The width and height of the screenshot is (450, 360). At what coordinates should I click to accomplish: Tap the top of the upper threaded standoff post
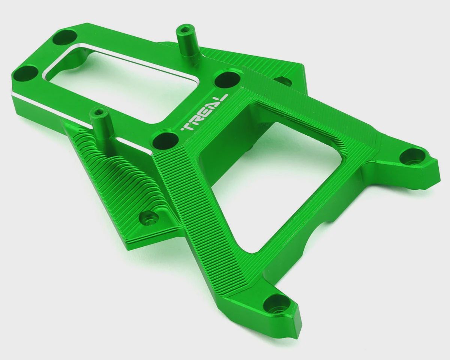click(182, 30)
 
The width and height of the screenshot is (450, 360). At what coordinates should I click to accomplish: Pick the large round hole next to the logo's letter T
click(165, 140)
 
